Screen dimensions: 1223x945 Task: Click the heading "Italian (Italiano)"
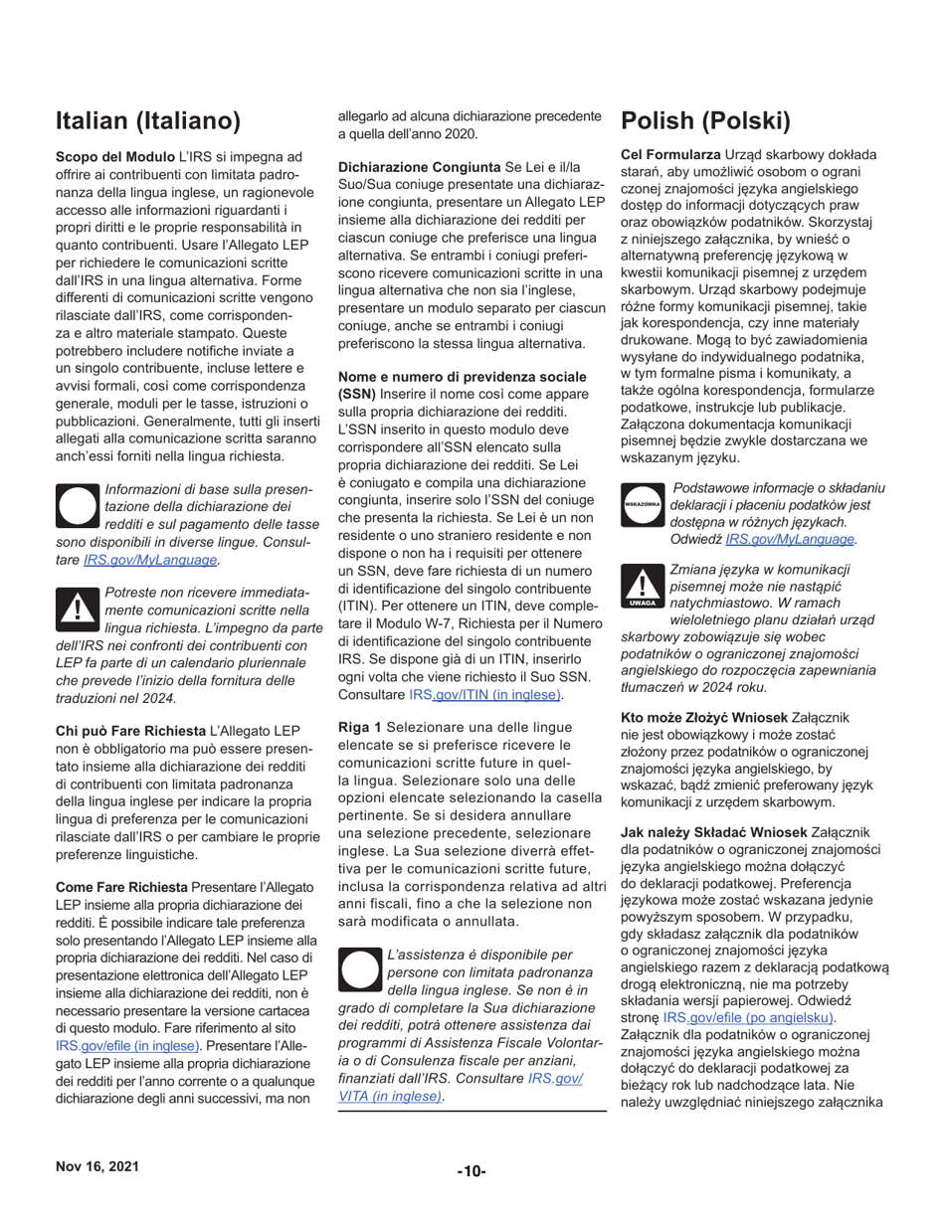pos(148,121)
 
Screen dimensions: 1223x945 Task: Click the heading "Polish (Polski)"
pos(705,121)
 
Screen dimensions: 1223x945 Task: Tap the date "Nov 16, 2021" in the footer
pos(97,1167)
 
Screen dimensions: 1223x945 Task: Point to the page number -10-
pos(472,1171)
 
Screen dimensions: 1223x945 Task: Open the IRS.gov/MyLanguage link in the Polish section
pos(790,539)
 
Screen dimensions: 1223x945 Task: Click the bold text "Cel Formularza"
pos(670,155)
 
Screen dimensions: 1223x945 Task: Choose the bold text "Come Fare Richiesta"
pos(121,886)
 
